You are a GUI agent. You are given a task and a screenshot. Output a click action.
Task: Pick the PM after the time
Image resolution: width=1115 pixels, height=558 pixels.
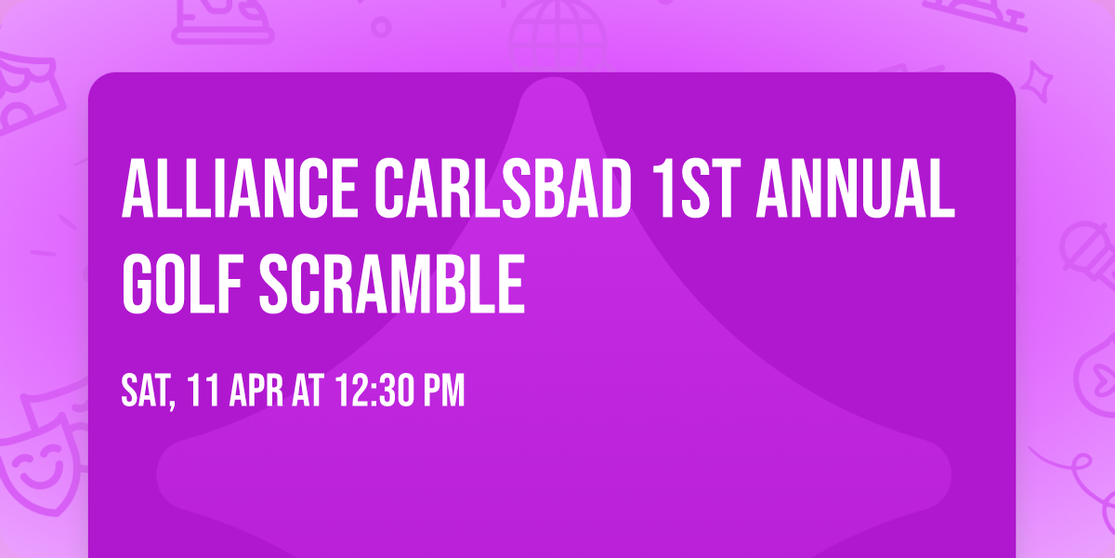coord(442,392)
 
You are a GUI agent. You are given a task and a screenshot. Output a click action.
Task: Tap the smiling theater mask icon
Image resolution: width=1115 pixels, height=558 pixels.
coord(37,460)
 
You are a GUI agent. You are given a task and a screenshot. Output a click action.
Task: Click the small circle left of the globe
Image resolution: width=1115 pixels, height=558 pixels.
coord(380,27)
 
